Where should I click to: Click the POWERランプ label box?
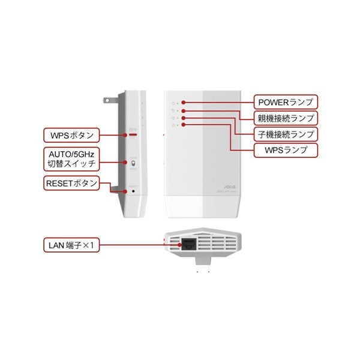point(284,102)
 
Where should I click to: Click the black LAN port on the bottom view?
point(188,244)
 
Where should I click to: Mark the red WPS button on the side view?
point(132,134)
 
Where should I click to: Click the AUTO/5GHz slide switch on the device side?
point(133,163)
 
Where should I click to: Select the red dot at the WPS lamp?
point(183,125)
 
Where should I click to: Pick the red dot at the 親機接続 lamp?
point(183,111)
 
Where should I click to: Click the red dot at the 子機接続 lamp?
point(183,118)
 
